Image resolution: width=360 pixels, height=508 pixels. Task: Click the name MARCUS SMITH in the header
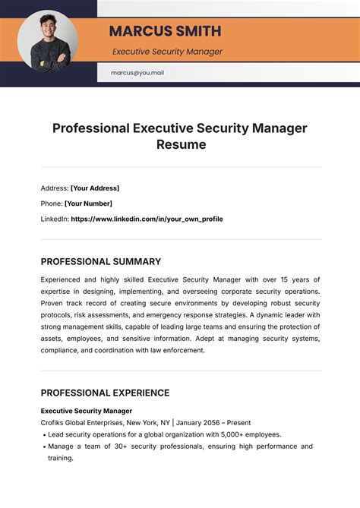click(166, 31)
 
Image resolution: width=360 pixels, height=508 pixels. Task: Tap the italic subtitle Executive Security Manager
click(167, 52)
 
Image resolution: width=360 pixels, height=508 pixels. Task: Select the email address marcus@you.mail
click(137, 73)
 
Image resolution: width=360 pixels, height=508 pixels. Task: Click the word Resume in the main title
click(180, 144)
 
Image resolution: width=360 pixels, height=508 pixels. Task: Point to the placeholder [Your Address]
click(95, 188)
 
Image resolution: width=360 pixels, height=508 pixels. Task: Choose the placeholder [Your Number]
click(88, 204)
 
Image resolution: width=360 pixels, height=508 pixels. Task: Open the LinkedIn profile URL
click(147, 219)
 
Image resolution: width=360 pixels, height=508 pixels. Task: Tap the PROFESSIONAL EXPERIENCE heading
click(105, 393)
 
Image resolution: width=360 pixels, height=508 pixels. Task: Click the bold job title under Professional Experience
click(87, 410)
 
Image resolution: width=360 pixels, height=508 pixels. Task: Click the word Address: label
click(54, 188)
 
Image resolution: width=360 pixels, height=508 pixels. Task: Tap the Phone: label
click(51, 204)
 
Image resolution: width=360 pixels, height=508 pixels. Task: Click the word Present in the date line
click(238, 422)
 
